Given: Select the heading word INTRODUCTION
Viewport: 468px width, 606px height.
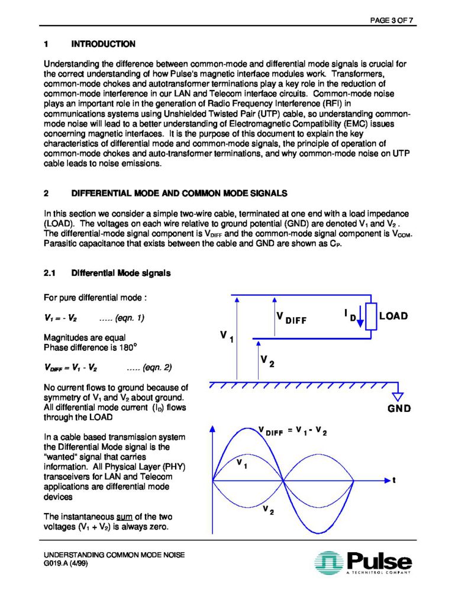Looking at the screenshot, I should pos(103,44).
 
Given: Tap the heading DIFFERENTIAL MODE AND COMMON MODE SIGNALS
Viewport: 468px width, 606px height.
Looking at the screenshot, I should pos(179,194).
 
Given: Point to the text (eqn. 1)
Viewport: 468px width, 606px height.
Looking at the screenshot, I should pos(122,318).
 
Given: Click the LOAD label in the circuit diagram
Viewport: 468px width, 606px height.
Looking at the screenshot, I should pos(393,316).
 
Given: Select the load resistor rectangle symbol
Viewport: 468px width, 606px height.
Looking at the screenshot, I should pos(371,316).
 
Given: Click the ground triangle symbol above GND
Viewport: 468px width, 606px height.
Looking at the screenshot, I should pos(398,395).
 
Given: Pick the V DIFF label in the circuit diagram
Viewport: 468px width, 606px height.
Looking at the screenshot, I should pos(291,318).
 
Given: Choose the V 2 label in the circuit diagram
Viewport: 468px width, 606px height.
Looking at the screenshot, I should pos(267,360).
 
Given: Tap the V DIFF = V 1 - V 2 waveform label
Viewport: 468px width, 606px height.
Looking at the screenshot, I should pos(293,431).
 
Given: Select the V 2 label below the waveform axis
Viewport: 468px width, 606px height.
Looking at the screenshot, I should pos(268,511).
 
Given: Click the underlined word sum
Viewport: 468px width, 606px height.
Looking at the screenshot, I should pos(115,517).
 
